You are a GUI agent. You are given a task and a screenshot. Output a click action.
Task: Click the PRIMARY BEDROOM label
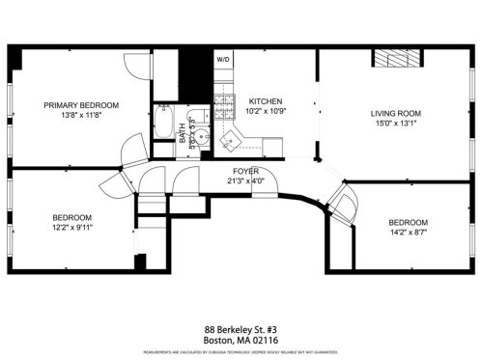[x=81, y=104]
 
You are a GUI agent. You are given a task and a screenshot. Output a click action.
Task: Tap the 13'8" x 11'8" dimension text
[x=81, y=114]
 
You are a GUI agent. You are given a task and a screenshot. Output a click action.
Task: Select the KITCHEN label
[x=265, y=101]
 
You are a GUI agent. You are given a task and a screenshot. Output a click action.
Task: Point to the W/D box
[x=222, y=60]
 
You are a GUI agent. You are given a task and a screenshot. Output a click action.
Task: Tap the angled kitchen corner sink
[x=230, y=143]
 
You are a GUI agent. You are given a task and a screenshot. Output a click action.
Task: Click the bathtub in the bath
[x=162, y=125]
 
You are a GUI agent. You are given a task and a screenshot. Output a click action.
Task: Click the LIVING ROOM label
[x=397, y=113]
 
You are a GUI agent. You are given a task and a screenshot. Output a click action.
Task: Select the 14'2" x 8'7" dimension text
[x=407, y=232]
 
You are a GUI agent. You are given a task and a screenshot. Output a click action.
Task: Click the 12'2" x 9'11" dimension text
[x=71, y=228]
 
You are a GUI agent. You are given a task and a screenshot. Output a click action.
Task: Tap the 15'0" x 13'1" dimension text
[x=397, y=123]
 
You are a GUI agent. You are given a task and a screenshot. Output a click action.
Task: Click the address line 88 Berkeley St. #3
[x=241, y=329]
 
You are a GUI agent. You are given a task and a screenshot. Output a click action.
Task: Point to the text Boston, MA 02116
[x=241, y=340]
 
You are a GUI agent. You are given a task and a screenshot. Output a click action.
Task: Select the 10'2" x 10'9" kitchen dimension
[x=265, y=111]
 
